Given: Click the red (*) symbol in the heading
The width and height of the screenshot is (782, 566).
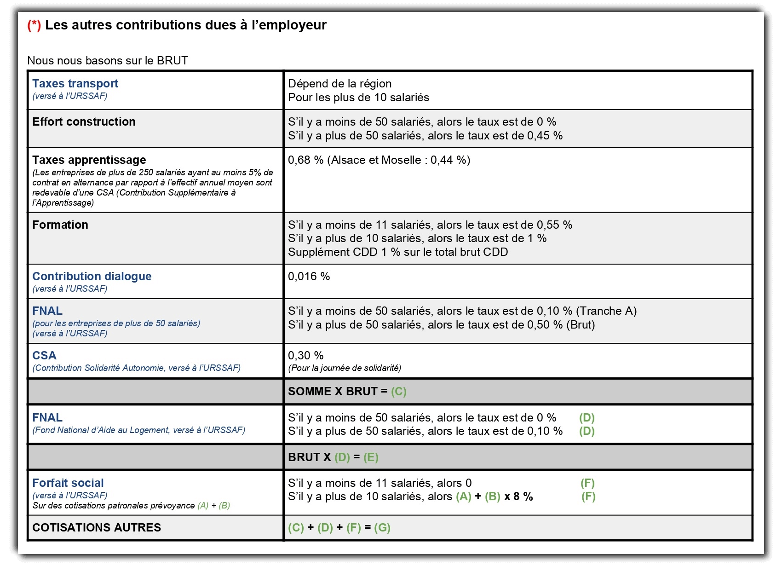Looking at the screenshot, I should tap(34, 25).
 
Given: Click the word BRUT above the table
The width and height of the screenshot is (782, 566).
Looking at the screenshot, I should tap(172, 61).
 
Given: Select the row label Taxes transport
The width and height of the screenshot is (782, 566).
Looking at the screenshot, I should tap(75, 84).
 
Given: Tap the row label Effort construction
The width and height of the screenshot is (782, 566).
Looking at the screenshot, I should tap(84, 122).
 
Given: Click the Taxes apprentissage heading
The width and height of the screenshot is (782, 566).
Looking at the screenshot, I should tap(89, 160).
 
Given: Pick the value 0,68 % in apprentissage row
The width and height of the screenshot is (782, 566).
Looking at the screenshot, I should tap(305, 160).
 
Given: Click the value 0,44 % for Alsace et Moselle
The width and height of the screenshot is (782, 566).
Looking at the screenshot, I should tap(448, 160).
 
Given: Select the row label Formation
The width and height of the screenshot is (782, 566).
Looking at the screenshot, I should tap(60, 225).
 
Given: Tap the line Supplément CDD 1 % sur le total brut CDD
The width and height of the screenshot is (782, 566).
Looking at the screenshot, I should tap(398, 252).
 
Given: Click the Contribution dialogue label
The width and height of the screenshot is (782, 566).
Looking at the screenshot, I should tap(92, 277).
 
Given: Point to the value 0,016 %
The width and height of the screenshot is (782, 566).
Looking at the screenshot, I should tap(309, 277).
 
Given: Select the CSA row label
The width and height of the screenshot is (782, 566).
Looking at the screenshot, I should tap(44, 356).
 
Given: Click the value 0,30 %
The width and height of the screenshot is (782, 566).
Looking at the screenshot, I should tap(305, 356).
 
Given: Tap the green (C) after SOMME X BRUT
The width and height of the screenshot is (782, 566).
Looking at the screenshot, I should tap(399, 392).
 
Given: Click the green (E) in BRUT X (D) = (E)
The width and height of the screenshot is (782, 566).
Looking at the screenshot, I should tap(371, 457).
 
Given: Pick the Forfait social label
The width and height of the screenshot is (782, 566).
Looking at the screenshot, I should tap(68, 483).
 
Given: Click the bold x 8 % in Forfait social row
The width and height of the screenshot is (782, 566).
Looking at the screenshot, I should tap(518, 497).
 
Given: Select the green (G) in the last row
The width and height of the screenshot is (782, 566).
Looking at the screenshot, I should tap(382, 528).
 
